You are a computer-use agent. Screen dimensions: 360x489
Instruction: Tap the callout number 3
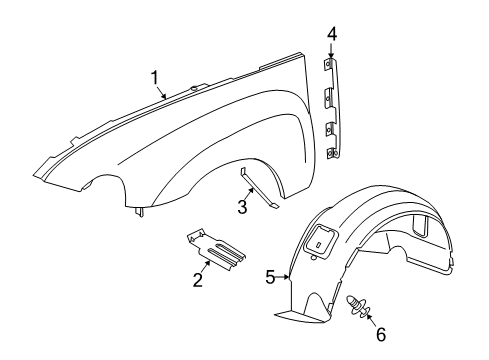241,207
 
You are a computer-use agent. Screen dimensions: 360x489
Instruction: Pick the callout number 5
270,278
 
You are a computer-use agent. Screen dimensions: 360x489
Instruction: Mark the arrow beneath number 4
331,52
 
